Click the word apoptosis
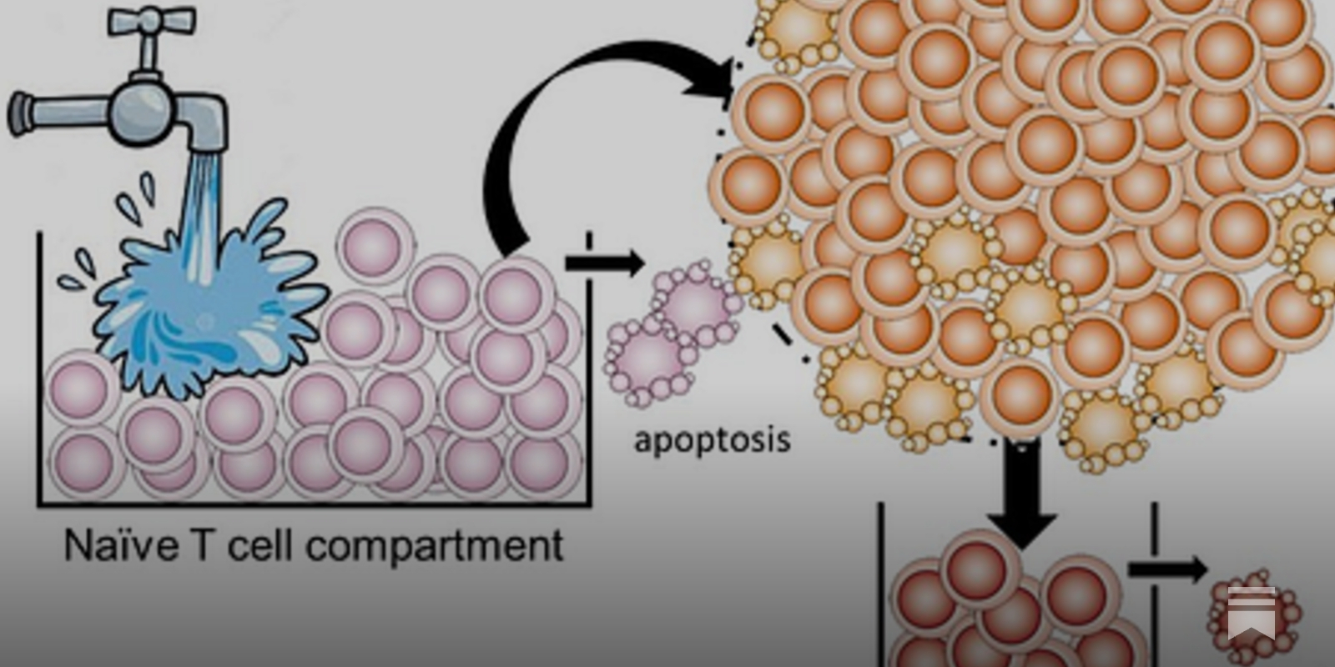click(x=712, y=439)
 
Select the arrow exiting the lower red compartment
click(x=1168, y=570)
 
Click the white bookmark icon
click(x=1252, y=613)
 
